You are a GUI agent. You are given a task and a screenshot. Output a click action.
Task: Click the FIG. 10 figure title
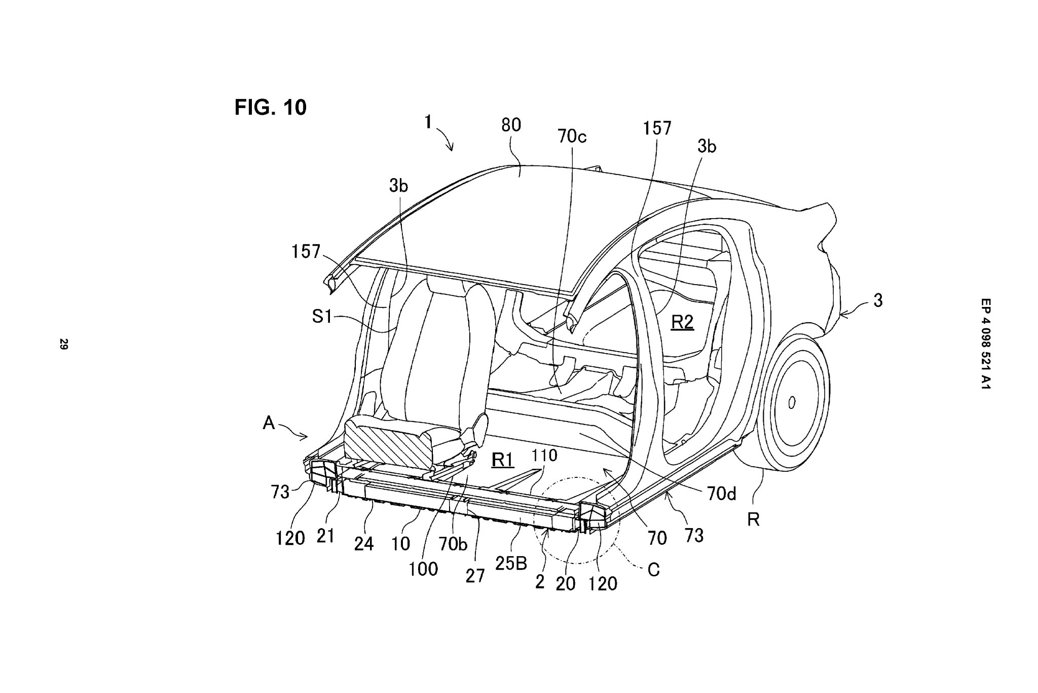[x=270, y=108]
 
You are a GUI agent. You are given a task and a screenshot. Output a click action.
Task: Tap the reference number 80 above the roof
[x=510, y=125]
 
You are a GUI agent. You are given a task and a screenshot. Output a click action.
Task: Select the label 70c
[x=571, y=136]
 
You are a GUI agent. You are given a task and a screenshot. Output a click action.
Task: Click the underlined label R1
[x=503, y=460]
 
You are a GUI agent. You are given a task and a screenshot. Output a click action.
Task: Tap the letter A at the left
[x=269, y=423]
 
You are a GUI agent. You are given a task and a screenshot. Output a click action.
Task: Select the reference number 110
[x=544, y=456]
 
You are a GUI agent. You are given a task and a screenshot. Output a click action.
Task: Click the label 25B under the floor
[x=511, y=563]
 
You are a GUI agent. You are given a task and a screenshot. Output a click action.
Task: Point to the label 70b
[x=452, y=543]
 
